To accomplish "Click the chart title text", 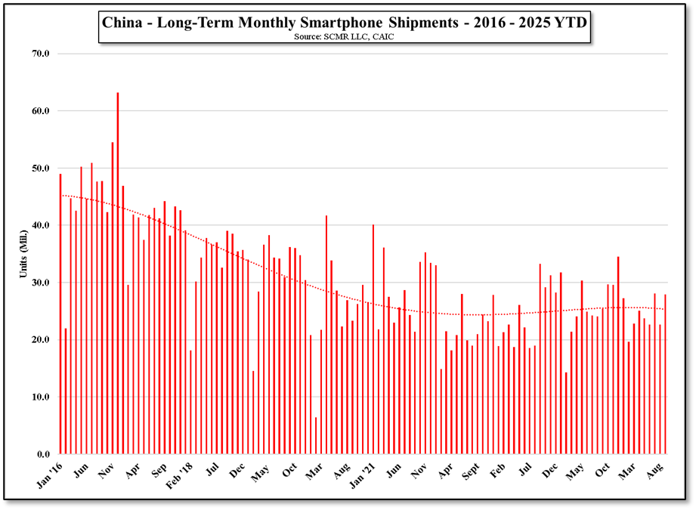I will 344,23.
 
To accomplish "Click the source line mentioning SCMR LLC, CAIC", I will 344,36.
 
